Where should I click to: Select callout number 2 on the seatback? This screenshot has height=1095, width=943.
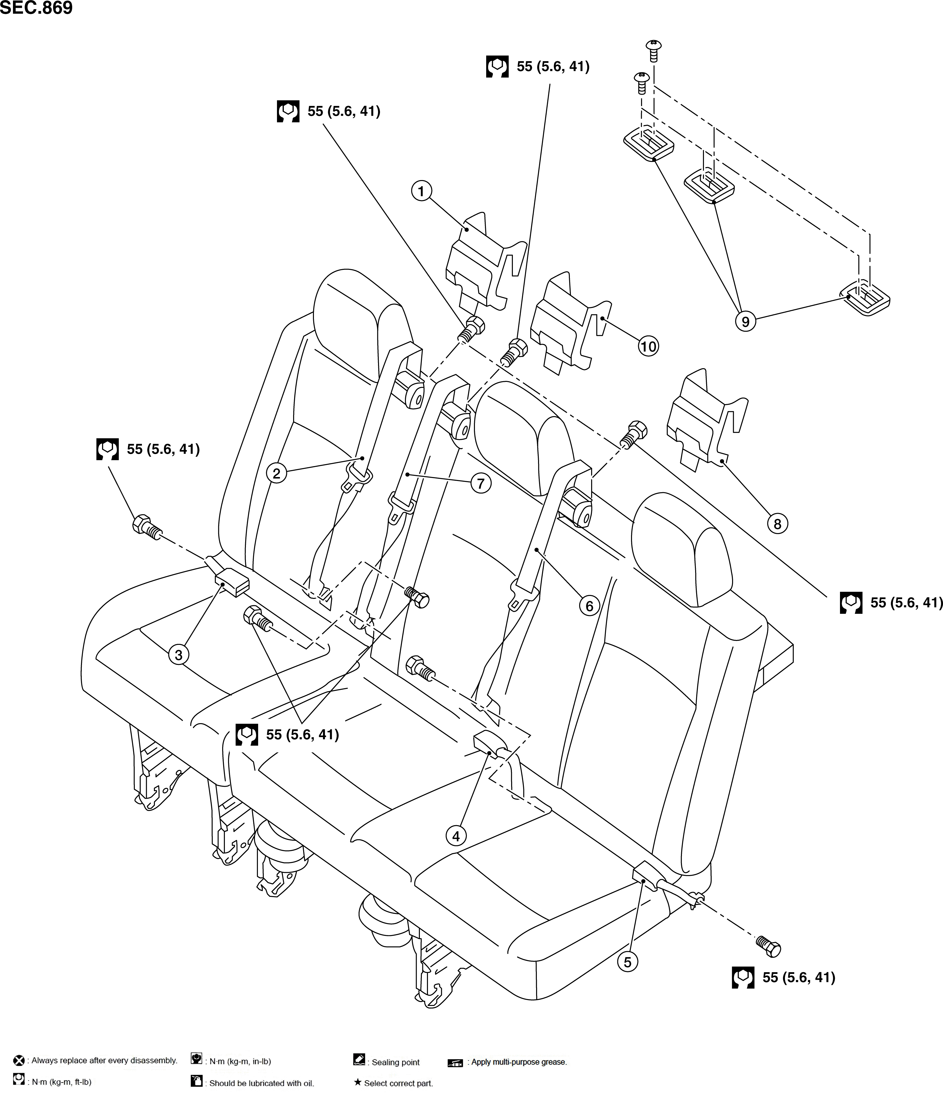[276, 473]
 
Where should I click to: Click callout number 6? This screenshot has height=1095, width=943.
[589, 606]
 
